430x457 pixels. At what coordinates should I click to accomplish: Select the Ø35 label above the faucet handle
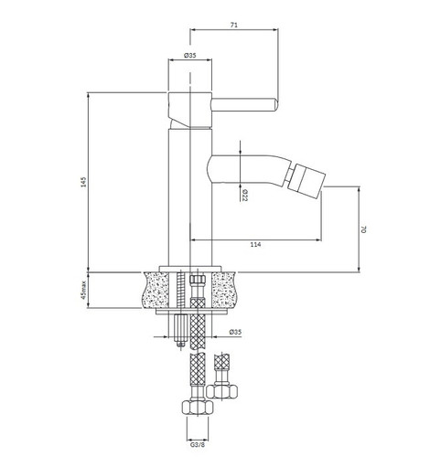190,57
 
